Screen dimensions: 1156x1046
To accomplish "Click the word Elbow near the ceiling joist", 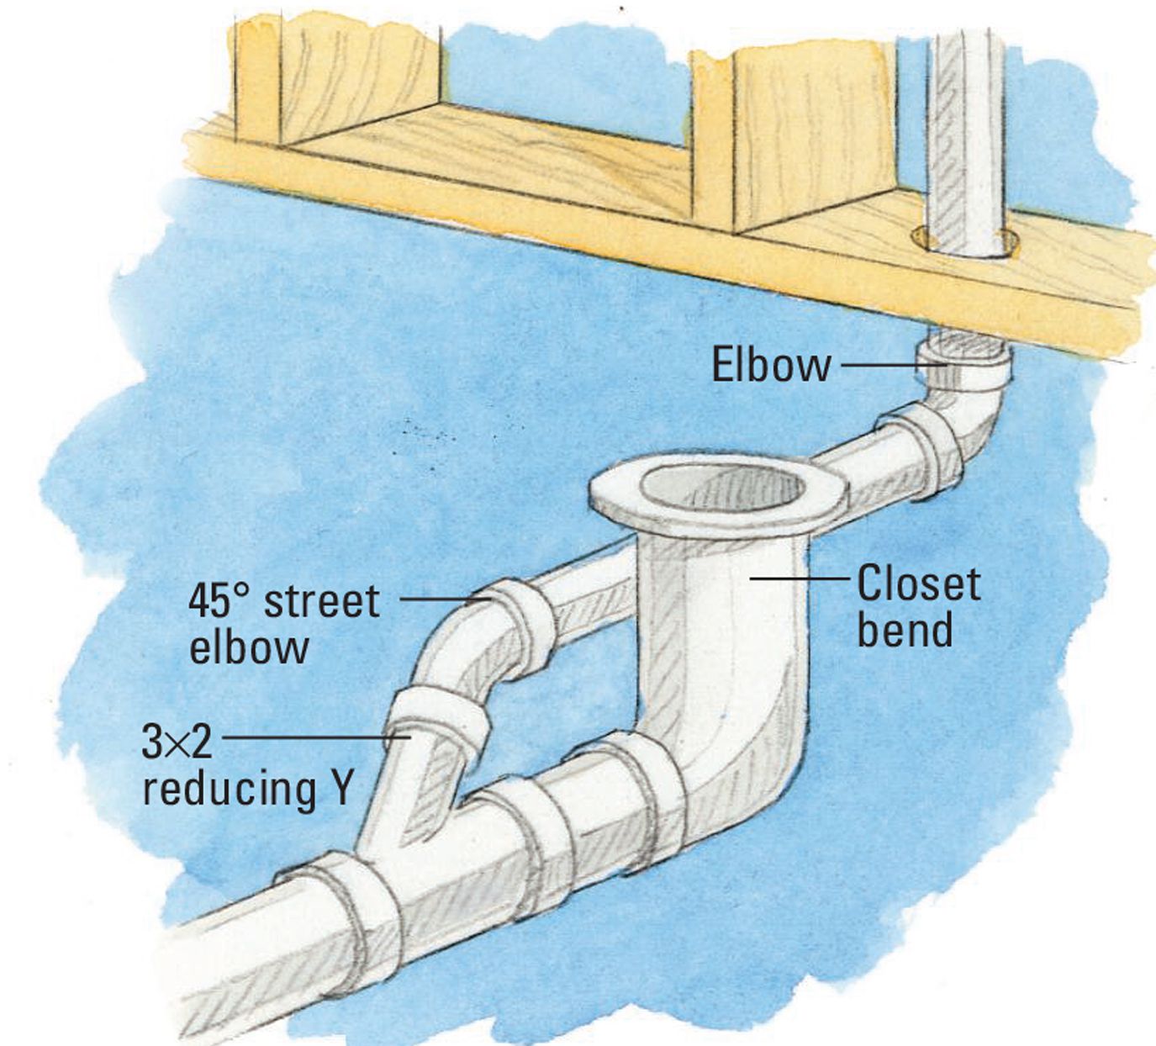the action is [x=772, y=364].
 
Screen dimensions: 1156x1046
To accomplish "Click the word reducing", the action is [x=230, y=790].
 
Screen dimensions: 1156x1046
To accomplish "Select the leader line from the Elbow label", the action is [x=893, y=364].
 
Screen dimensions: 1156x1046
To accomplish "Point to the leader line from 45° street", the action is [x=444, y=600].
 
